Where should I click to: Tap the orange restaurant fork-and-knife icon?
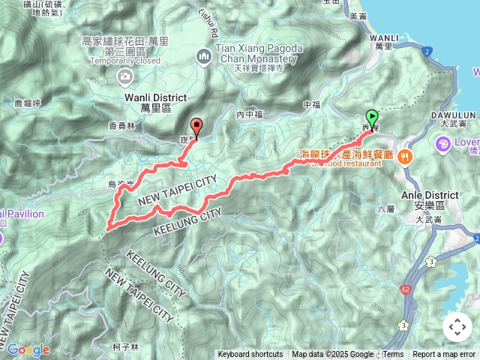pos(406,156)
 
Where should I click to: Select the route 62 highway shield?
pos(406,287)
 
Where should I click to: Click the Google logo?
pos(28,349)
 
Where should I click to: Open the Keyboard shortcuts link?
pos(250,355)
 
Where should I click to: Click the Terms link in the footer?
pos(393,355)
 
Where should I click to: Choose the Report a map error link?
pos(444,355)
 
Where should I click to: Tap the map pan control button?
pos(457,327)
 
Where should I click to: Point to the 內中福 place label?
pos(250,115)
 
